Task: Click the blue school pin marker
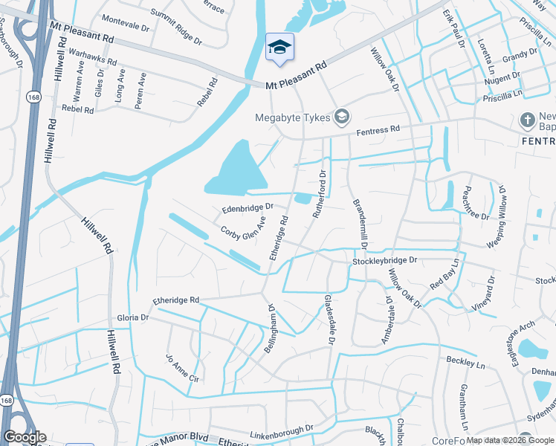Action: (279, 48)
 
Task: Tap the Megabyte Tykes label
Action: (293, 117)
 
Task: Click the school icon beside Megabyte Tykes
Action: (341, 116)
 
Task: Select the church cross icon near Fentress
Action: (527, 120)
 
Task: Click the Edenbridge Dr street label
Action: (248, 207)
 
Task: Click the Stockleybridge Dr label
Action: (385, 261)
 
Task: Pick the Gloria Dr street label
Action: (133, 317)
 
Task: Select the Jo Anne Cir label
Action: (183, 367)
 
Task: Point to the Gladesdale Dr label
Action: (327, 320)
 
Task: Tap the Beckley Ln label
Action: (465, 364)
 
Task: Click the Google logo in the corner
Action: (25, 437)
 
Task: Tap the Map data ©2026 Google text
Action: (508, 440)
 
